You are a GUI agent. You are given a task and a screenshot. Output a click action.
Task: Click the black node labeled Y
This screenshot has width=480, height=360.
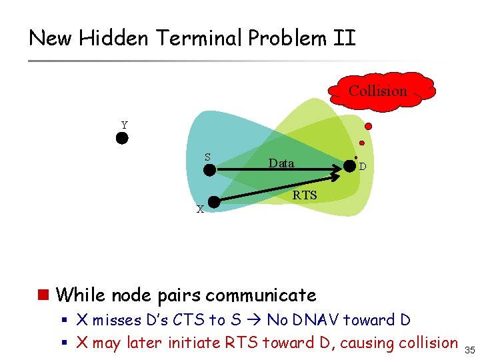[122, 139]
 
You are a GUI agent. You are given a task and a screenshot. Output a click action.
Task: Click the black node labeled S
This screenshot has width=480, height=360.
[209, 169]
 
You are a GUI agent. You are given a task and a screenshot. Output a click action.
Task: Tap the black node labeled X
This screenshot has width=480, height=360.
[214, 201]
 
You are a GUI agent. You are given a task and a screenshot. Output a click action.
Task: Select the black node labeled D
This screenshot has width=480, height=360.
[349, 167]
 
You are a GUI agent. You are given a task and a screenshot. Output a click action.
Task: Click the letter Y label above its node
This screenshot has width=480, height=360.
[124, 125]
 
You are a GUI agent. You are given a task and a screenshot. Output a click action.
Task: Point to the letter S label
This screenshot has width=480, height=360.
[207, 157]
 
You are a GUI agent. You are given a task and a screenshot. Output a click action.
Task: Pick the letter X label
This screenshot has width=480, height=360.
[200, 209]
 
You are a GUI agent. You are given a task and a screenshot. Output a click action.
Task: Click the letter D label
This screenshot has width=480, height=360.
[362, 167]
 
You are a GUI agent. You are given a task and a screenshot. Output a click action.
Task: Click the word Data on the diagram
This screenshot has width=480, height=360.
[281, 163]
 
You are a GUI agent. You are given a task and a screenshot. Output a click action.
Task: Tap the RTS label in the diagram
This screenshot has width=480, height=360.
[305, 195]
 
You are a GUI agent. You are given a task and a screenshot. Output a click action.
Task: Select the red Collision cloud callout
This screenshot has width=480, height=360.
[378, 91]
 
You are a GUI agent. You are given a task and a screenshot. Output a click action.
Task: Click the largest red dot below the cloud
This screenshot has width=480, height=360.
[368, 126]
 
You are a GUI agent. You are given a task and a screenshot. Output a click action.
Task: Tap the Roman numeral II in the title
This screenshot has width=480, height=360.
[345, 38]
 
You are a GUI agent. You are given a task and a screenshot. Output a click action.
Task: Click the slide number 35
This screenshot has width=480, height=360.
[469, 349]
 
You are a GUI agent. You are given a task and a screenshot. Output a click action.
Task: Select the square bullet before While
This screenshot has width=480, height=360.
[45, 295]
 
